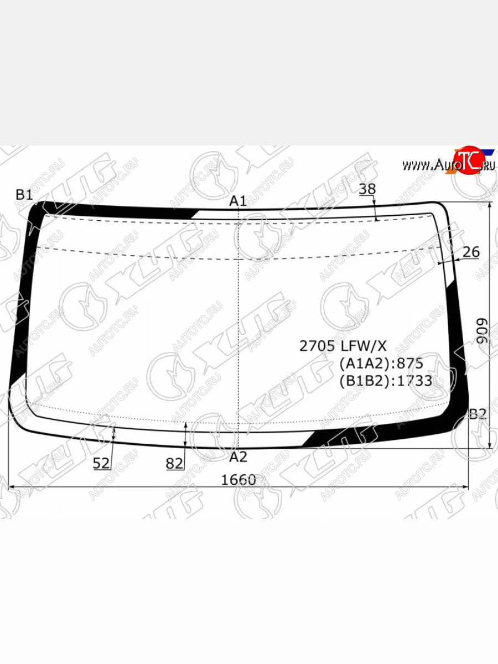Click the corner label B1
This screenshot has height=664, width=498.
(x=24, y=195)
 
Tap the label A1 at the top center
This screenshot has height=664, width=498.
(x=238, y=201)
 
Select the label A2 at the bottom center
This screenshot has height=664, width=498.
(x=238, y=457)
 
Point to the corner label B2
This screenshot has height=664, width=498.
(x=478, y=414)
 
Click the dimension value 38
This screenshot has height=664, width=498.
(x=367, y=189)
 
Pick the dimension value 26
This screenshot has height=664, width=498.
(x=471, y=252)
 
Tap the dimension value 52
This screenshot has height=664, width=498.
(x=101, y=463)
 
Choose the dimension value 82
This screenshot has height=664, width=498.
(x=174, y=464)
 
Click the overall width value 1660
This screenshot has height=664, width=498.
(x=238, y=480)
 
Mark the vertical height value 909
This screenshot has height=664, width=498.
(x=482, y=331)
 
